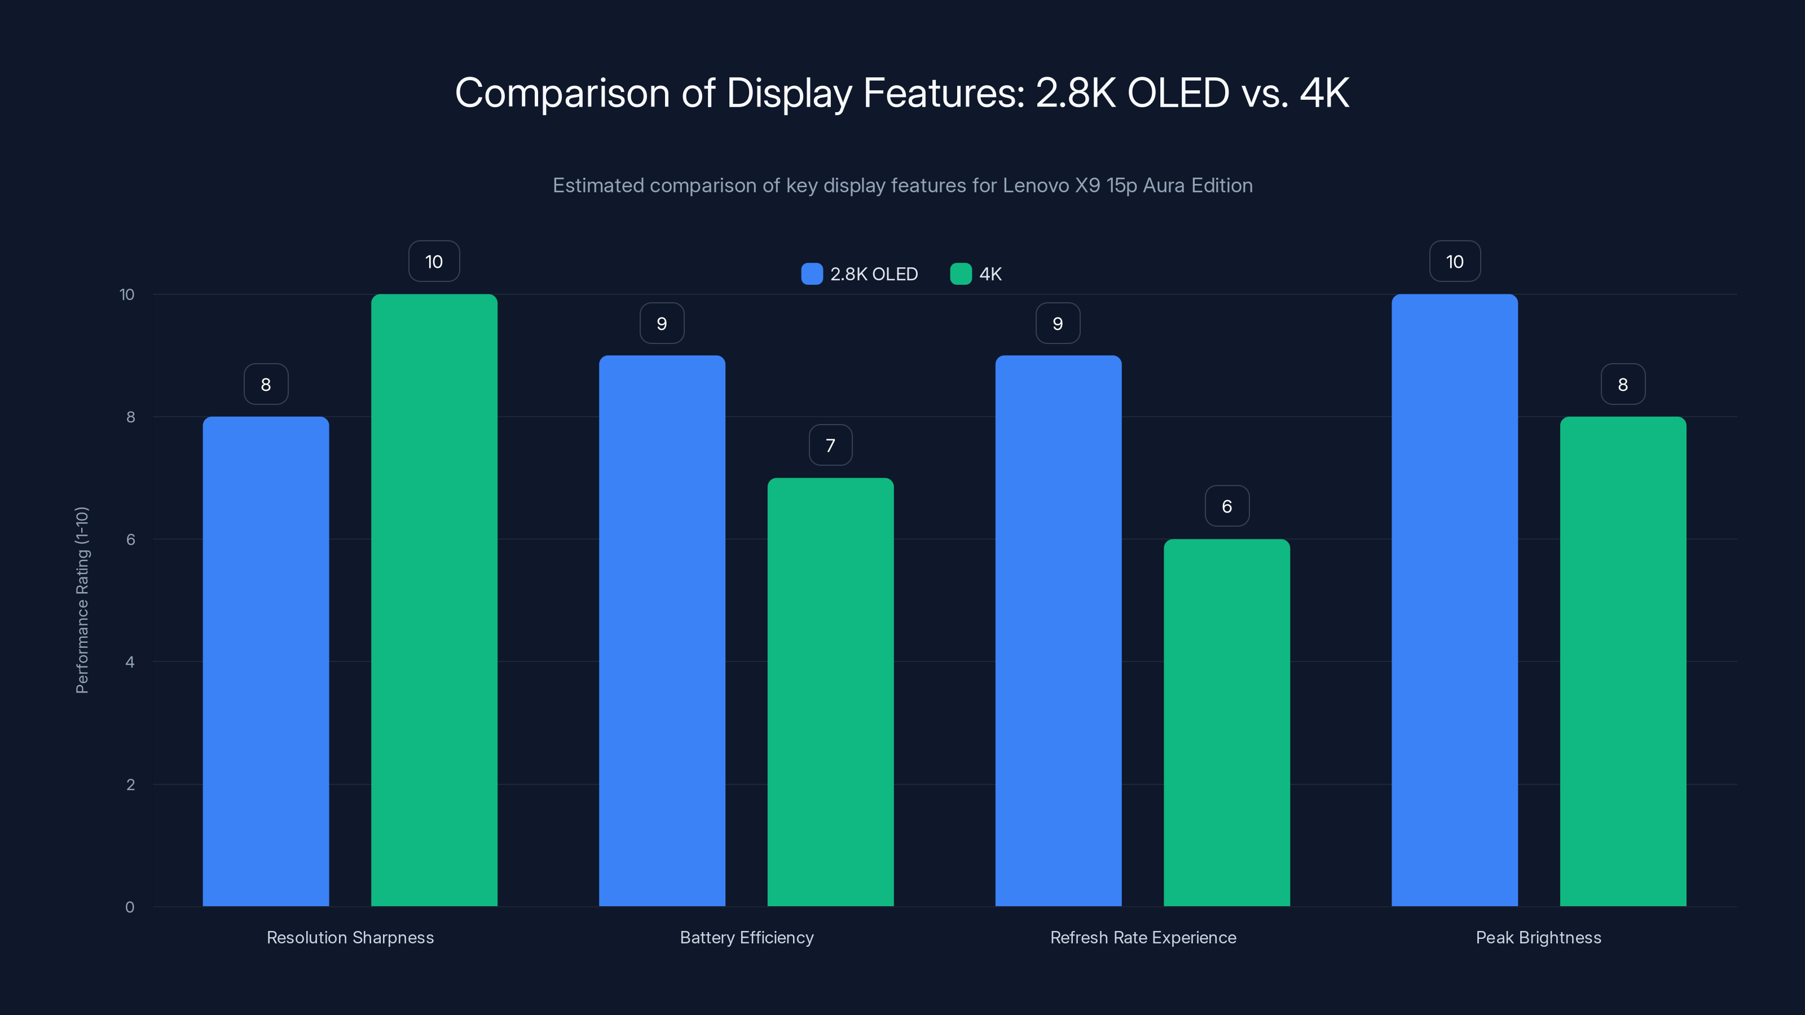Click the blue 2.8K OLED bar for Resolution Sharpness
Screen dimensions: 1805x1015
[266, 661]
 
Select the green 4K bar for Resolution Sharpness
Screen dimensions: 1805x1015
[434, 601]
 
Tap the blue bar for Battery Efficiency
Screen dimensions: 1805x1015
[662, 630]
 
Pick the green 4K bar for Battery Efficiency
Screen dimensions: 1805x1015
[830, 692]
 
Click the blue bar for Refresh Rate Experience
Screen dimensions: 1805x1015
[1058, 630]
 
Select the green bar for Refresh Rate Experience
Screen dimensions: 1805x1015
[1226, 722]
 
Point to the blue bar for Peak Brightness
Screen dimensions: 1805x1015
[1455, 601]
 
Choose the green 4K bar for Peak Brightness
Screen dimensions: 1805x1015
[1623, 661]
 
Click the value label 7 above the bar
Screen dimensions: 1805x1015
[830, 445]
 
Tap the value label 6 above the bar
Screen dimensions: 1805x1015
[1226, 506]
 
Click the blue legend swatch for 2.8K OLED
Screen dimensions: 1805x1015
[812, 274]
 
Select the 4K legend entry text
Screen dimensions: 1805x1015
[990, 274]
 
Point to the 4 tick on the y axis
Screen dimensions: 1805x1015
[130, 662]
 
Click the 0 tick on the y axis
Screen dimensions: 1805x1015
[130, 907]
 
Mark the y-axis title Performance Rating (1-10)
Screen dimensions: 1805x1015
[82, 601]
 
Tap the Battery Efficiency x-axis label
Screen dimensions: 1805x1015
[746, 937]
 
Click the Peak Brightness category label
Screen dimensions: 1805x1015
[1538, 937]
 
